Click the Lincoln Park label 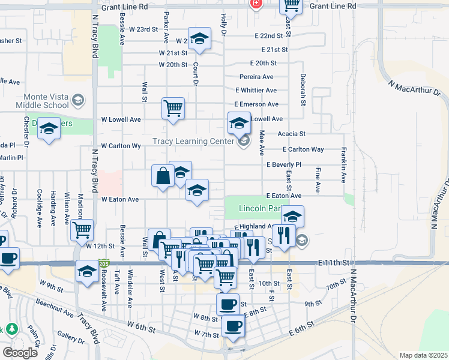259,208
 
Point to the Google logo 20,353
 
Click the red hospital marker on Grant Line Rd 256,4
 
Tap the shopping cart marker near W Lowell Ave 173,109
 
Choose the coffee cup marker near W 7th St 232,326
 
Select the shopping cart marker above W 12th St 82,230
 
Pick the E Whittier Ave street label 256,90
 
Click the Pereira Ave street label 256,77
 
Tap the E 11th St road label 334,263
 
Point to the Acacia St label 293,134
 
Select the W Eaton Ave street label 120,199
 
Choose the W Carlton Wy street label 121,146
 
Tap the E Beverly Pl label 283,164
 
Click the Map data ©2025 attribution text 423,355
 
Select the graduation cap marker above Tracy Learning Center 239,124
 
